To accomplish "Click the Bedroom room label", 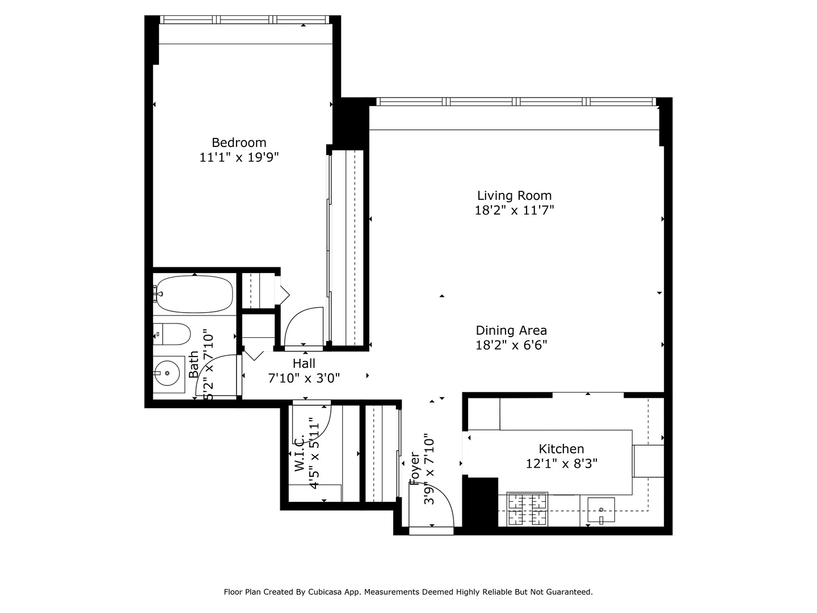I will tap(239, 142).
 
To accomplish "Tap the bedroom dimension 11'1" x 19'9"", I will tap(239, 157).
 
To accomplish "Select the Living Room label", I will tap(514, 196).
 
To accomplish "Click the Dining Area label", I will tap(511, 330).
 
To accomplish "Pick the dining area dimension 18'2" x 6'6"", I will tap(511, 345).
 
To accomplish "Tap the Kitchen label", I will tap(561, 449).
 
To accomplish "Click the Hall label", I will tap(304, 363).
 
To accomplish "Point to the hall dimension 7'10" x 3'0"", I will tap(304, 378).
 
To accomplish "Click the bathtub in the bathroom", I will tap(194, 294).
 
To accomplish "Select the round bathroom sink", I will tap(167, 373).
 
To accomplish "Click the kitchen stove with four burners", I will tap(527, 509).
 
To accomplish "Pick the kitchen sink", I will tap(601, 510).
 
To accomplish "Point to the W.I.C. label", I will tap(300, 454).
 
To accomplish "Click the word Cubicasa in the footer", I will tap(324, 592).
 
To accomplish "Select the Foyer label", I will tap(415, 469).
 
